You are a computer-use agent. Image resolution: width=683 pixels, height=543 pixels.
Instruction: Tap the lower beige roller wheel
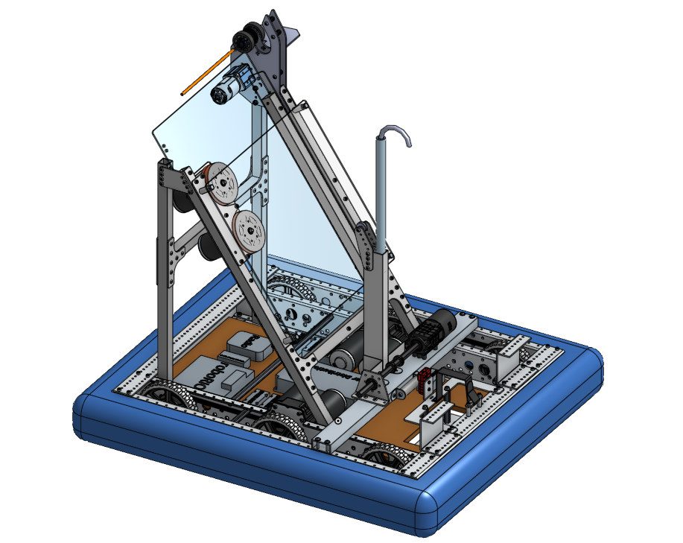[249, 230]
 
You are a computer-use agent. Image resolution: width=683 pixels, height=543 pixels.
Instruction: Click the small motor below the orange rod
[231, 86]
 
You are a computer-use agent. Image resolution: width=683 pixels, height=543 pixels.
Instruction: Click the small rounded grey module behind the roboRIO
[246, 344]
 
